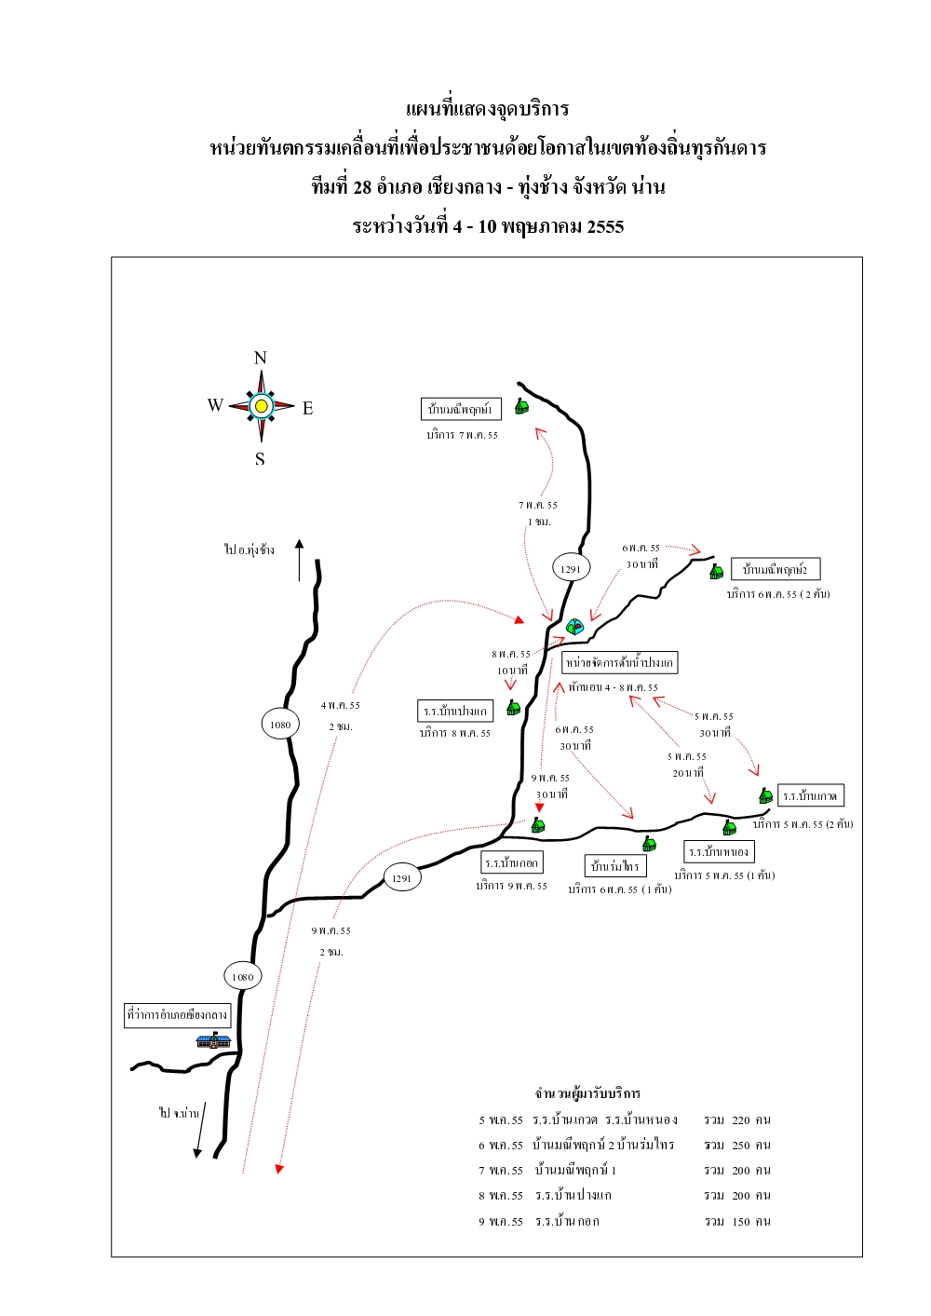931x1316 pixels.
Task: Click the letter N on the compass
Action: (261, 358)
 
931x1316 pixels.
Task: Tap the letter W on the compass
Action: (215, 405)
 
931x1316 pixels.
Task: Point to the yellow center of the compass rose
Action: (262, 406)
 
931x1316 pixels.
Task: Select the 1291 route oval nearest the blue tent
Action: (571, 568)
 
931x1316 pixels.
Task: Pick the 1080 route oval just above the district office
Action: (243, 976)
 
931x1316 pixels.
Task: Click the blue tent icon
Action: (574, 627)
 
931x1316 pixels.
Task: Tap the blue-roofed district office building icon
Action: (213, 1039)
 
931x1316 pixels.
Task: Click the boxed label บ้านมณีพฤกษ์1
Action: (461, 409)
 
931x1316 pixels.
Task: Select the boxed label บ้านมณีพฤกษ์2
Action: (776, 569)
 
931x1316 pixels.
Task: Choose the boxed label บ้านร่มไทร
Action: (615, 866)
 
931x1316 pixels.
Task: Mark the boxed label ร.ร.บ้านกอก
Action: (511, 862)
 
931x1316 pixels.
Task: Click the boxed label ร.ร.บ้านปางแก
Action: (455, 711)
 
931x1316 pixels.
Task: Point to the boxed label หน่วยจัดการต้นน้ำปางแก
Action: (619, 662)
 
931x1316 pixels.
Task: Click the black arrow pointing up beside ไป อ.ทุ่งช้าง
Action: (299, 559)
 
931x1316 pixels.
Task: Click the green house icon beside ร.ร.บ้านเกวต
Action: (765, 796)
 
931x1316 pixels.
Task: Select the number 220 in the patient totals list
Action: (741, 1120)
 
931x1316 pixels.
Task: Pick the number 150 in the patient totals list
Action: (741, 1221)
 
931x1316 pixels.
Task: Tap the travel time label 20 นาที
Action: (688, 773)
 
